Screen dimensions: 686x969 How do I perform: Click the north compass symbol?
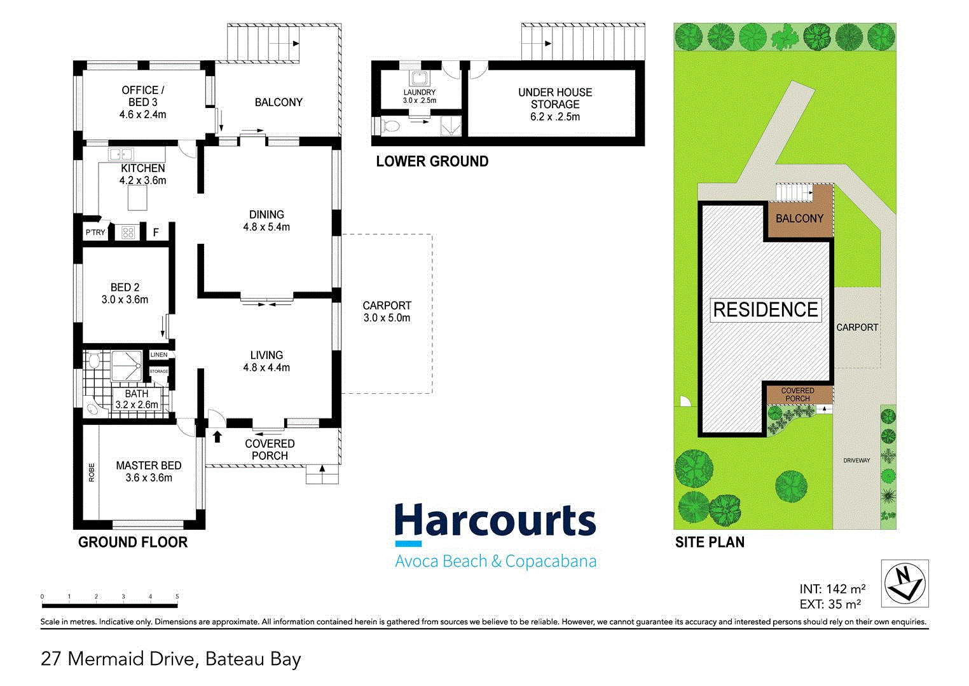coord(904,583)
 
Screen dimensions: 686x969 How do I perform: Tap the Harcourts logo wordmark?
coord(495,523)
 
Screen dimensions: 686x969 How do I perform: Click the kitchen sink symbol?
coord(120,154)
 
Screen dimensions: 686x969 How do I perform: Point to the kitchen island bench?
coord(137,198)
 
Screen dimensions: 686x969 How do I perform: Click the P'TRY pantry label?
coord(95,232)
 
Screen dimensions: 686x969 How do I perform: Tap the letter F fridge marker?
coord(156,233)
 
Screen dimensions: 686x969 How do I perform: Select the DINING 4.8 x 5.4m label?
coord(266,220)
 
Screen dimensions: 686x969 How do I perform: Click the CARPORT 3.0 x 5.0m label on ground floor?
coord(387,311)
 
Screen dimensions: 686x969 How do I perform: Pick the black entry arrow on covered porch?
coord(217,436)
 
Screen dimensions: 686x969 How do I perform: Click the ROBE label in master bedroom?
coord(92,472)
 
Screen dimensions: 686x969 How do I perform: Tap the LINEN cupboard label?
coord(159,355)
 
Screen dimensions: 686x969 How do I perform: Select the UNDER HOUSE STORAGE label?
coord(554,104)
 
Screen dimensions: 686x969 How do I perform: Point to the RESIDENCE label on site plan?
coord(766,310)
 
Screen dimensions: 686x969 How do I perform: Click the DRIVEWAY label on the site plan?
coord(856,461)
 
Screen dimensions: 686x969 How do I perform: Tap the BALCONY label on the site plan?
coord(799,219)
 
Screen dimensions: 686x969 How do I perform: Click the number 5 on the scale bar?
coord(177,596)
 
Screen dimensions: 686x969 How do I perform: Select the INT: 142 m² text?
coord(832,589)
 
